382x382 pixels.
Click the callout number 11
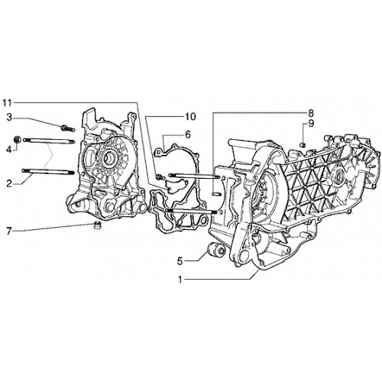(7, 103)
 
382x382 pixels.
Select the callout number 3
(9, 118)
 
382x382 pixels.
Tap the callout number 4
(9, 150)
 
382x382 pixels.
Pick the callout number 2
(9, 183)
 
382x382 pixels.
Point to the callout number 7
(9, 231)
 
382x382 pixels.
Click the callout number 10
(190, 116)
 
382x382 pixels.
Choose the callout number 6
(188, 134)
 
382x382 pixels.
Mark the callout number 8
(311, 112)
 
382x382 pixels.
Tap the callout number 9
(311, 124)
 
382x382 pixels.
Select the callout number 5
(180, 261)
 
